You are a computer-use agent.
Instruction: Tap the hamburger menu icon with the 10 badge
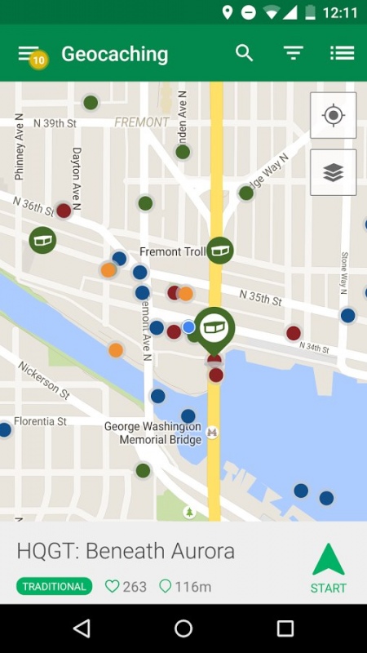29,53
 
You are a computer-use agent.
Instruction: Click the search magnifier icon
245,53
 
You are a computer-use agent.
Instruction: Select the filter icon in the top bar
294,53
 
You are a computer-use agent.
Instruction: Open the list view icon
342,53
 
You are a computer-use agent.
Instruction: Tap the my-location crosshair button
333,115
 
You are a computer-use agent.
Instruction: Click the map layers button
333,172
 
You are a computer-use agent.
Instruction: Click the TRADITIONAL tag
55,586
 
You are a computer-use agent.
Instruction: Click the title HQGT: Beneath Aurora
126,551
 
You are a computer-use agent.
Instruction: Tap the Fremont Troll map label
172,251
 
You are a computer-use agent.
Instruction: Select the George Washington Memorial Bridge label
153,433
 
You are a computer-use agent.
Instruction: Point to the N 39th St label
55,123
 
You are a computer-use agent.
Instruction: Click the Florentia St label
39,421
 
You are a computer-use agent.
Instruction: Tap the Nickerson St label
43,380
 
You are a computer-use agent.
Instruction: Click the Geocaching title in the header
114,55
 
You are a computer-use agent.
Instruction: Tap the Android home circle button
183,628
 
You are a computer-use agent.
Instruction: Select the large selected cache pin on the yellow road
214,326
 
